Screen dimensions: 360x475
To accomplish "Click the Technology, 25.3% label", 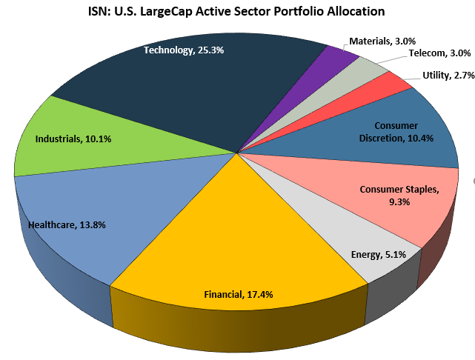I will [x=184, y=50].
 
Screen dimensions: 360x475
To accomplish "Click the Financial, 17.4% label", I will [x=239, y=294].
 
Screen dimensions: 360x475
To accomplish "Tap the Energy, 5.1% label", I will [x=377, y=255].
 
